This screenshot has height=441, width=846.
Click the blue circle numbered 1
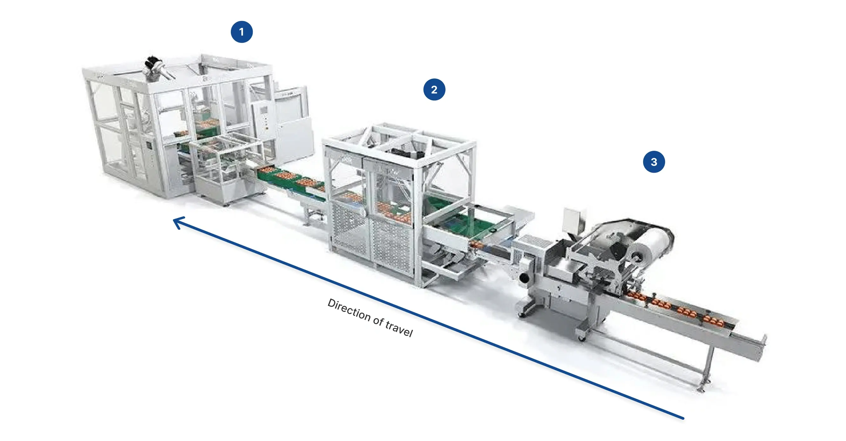click(242, 32)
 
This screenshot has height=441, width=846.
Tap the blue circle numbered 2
click(434, 89)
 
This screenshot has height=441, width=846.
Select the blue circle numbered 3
click(654, 162)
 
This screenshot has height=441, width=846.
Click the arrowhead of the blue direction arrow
click(179, 223)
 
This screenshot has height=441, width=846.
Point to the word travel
click(399, 328)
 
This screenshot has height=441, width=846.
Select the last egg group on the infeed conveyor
click(713, 321)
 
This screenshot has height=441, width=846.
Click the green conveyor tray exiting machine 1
click(289, 181)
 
